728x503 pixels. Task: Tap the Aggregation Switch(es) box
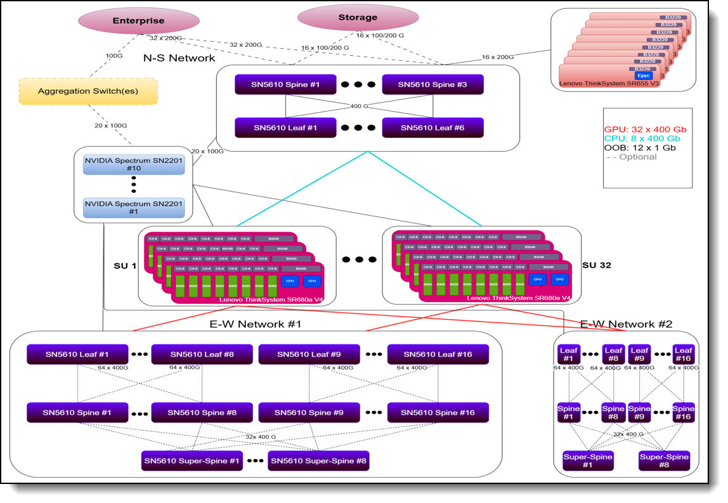tap(88, 91)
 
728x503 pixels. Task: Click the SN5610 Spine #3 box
tap(432, 84)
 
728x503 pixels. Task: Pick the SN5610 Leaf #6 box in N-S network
tap(432, 127)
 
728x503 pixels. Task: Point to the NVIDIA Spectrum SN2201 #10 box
tap(134, 164)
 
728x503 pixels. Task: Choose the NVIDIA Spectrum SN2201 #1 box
tap(134, 207)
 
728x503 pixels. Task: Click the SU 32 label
tap(596, 265)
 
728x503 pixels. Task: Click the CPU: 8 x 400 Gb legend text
tap(642, 138)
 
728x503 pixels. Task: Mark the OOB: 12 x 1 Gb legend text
tap(639, 148)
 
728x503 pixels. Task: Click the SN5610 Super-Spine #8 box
tap(318, 461)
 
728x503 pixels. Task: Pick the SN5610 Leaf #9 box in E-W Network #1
tap(309, 354)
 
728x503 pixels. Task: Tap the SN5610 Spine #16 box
tap(438, 412)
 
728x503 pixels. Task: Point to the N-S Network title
tap(179, 58)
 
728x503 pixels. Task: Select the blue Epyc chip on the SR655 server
tap(644, 75)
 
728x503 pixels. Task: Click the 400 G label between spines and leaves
tap(359, 106)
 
